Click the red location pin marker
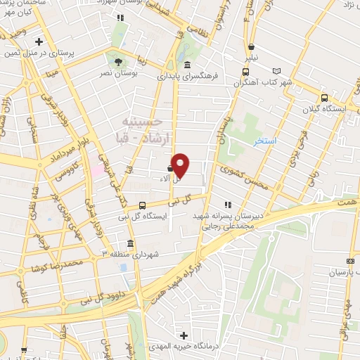[x=180, y=165]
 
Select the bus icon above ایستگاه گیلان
[x=324, y=99]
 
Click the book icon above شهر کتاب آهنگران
[x=276, y=71]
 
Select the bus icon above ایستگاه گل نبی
[x=143, y=205]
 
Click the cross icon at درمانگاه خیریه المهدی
[x=184, y=336]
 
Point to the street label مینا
[x=51, y=70]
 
